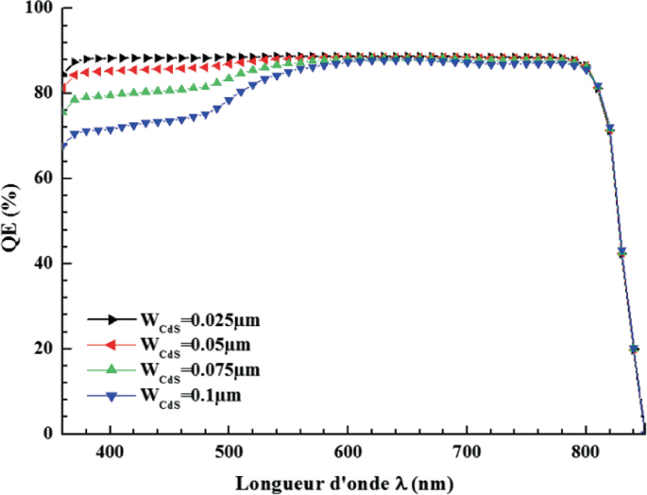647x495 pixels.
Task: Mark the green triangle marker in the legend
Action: click(x=111, y=367)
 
